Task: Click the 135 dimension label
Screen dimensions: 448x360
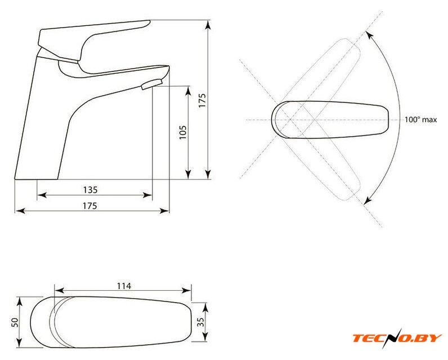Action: [x=90, y=190]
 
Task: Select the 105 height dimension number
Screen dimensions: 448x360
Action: [x=182, y=132]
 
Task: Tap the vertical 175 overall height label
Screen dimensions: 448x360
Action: [x=202, y=101]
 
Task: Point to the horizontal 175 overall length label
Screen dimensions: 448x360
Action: [x=90, y=205]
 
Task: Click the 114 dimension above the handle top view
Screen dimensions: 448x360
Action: [x=124, y=286]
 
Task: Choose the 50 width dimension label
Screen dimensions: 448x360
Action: [x=14, y=322]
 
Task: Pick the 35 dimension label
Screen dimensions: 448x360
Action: [x=201, y=322]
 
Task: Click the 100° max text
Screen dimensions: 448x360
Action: [x=420, y=120]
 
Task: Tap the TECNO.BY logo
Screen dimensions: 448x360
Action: [x=397, y=338]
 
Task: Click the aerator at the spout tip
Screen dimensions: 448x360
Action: [x=151, y=84]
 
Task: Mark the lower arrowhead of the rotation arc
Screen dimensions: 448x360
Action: [x=368, y=200]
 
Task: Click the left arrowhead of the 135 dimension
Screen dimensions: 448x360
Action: [x=42, y=195]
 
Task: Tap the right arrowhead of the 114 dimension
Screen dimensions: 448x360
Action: [x=186, y=291]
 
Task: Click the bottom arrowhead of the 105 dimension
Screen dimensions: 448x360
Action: [x=188, y=174]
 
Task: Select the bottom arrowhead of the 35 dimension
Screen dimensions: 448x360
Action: [x=205, y=336]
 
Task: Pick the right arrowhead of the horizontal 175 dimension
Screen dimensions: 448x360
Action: [x=164, y=211]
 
